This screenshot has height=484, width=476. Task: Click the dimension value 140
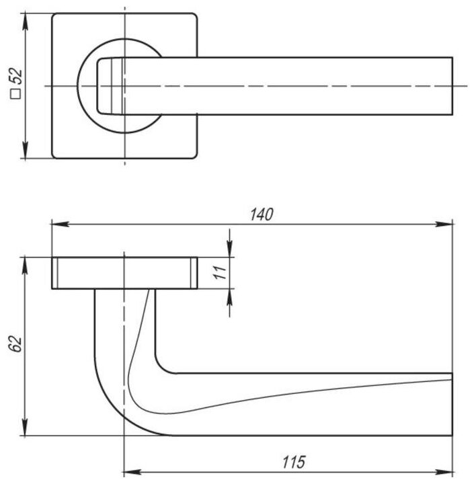260,214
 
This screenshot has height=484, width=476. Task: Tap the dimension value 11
217,272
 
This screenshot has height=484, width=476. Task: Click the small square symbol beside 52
16,95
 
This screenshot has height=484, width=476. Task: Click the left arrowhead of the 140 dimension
57,224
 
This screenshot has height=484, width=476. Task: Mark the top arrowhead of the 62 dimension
26,263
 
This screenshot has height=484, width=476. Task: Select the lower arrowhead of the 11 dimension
230,295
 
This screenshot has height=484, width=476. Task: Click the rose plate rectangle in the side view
124,272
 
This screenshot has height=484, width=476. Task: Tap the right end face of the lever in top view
452,86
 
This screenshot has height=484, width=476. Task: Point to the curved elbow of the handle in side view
114,407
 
